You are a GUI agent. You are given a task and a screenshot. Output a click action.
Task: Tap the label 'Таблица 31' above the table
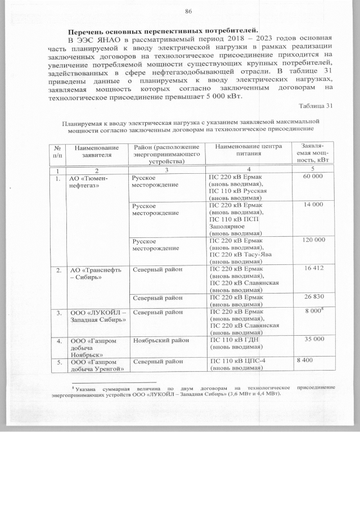(317, 106)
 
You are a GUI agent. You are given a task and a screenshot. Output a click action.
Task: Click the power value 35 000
(313, 340)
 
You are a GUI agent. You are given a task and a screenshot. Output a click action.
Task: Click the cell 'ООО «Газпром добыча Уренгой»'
(92, 365)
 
